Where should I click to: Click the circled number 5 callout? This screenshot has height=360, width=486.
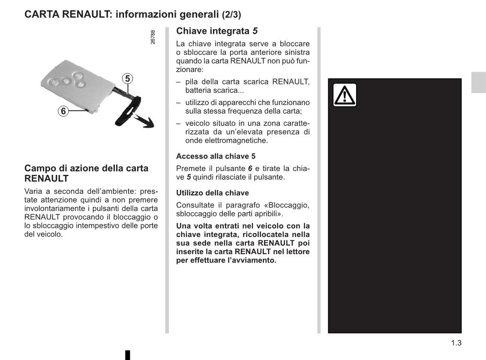(x=127, y=78)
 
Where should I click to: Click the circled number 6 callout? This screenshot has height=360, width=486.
(x=63, y=111)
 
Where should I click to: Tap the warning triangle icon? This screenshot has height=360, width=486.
(x=345, y=95)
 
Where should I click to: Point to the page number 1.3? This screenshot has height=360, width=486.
(x=456, y=343)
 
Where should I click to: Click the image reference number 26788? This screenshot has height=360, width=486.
(x=153, y=37)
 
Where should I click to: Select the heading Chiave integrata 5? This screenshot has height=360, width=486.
(x=217, y=31)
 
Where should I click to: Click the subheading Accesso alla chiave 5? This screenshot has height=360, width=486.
(x=216, y=156)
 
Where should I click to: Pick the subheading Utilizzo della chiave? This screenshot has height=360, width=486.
(x=212, y=193)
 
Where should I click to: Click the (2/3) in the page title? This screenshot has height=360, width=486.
(x=231, y=15)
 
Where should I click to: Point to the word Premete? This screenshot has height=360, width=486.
(x=190, y=168)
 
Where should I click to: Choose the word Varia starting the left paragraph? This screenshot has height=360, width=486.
(x=33, y=192)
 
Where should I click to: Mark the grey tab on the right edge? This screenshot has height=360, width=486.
(x=478, y=82)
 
